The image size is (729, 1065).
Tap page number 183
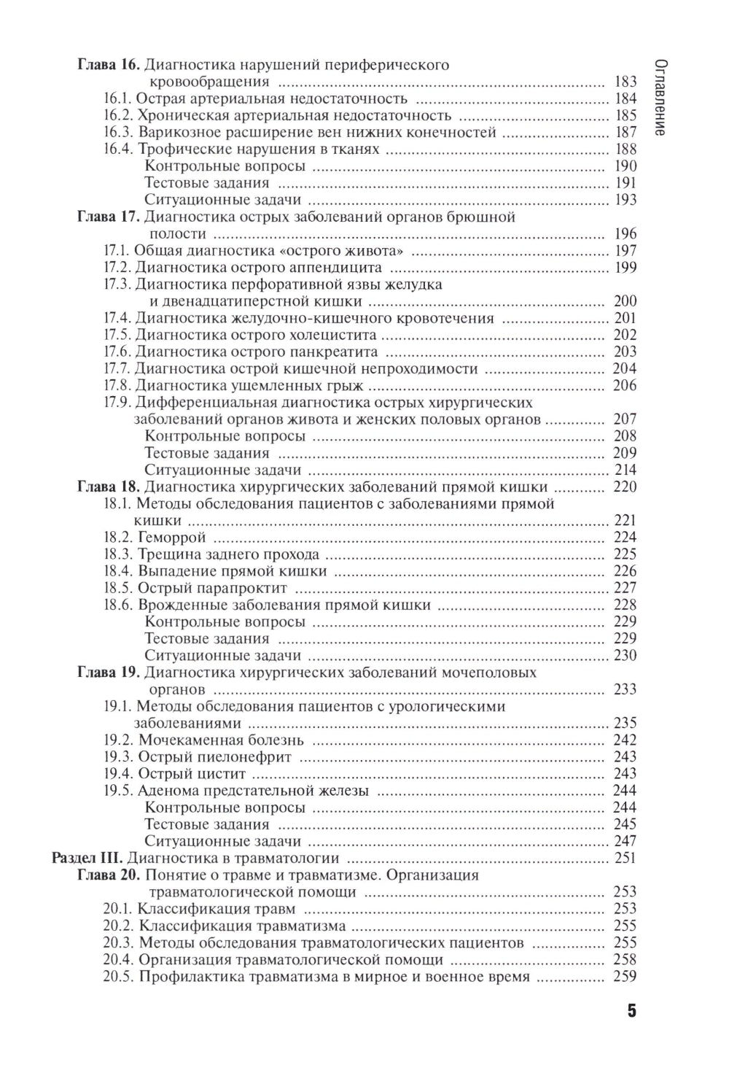pyautogui.click(x=625, y=82)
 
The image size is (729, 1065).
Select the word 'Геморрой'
pyautogui.click(x=172, y=538)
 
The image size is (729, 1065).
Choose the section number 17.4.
pyautogui.click(x=118, y=318)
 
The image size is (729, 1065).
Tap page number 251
pyautogui.click(x=625, y=858)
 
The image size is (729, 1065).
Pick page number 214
pyautogui.click(x=625, y=470)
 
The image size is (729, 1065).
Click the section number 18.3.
pyautogui.click(x=118, y=554)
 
